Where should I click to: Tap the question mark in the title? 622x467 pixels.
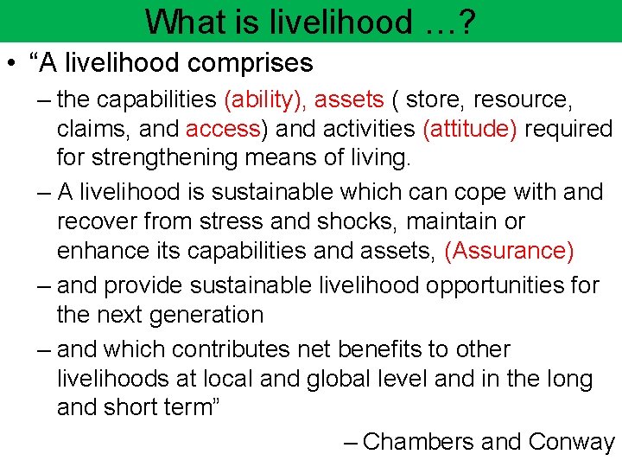click(469, 21)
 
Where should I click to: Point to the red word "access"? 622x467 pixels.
click(222, 129)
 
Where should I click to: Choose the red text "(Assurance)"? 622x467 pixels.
click(508, 251)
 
